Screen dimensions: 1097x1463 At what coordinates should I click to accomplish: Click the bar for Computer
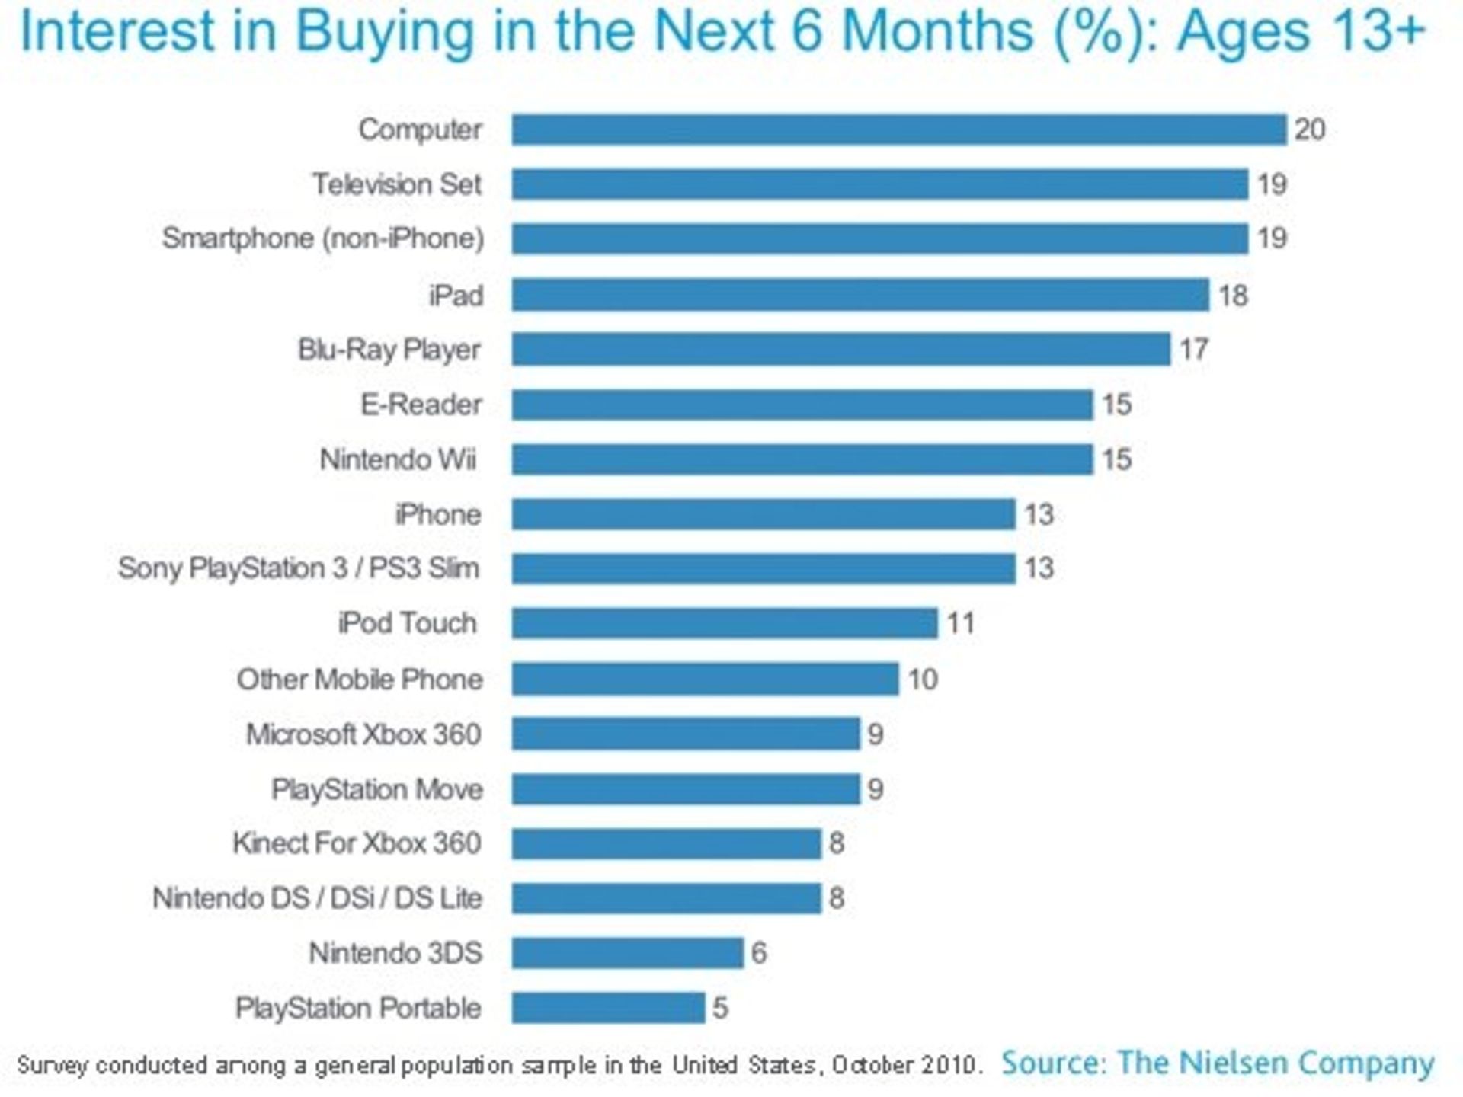click(899, 130)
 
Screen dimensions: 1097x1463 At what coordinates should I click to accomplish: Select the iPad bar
click(860, 295)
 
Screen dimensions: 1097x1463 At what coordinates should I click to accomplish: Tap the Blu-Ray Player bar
click(840, 350)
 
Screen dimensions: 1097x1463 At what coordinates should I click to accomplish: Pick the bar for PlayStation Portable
click(608, 1007)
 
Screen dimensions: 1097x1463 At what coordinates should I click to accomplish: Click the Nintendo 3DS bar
click(627, 952)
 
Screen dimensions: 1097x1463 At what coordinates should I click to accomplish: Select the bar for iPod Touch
click(725, 623)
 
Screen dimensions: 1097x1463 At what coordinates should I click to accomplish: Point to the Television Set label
click(397, 184)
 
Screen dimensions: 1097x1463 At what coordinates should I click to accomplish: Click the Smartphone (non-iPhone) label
click(323, 238)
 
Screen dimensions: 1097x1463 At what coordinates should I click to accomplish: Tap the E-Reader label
click(421, 405)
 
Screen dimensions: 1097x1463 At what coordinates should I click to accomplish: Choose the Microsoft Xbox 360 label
click(363, 734)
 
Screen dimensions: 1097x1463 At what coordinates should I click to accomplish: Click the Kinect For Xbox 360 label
click(357, 843)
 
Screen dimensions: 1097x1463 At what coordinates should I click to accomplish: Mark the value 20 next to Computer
click(1310, 130)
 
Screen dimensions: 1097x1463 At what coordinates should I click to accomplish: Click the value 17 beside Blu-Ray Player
click(1194, 350)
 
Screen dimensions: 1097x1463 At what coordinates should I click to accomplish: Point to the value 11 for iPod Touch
click(961, 623)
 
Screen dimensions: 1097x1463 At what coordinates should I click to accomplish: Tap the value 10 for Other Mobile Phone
click(922, 679)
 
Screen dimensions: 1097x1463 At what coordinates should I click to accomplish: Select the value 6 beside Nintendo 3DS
click(759, 952)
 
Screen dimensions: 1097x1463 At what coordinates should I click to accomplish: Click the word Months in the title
click(939, 32)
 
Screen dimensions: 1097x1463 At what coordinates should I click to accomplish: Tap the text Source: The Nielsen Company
click(1218, 1062)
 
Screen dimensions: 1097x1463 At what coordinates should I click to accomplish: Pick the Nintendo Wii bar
click(802, 459)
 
